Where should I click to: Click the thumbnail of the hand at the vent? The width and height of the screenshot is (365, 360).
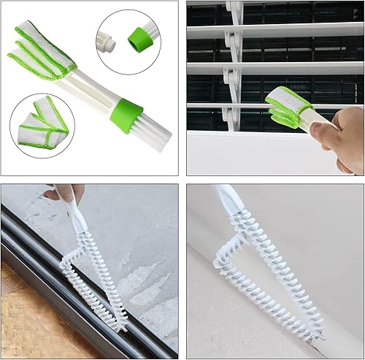coord(315,131)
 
